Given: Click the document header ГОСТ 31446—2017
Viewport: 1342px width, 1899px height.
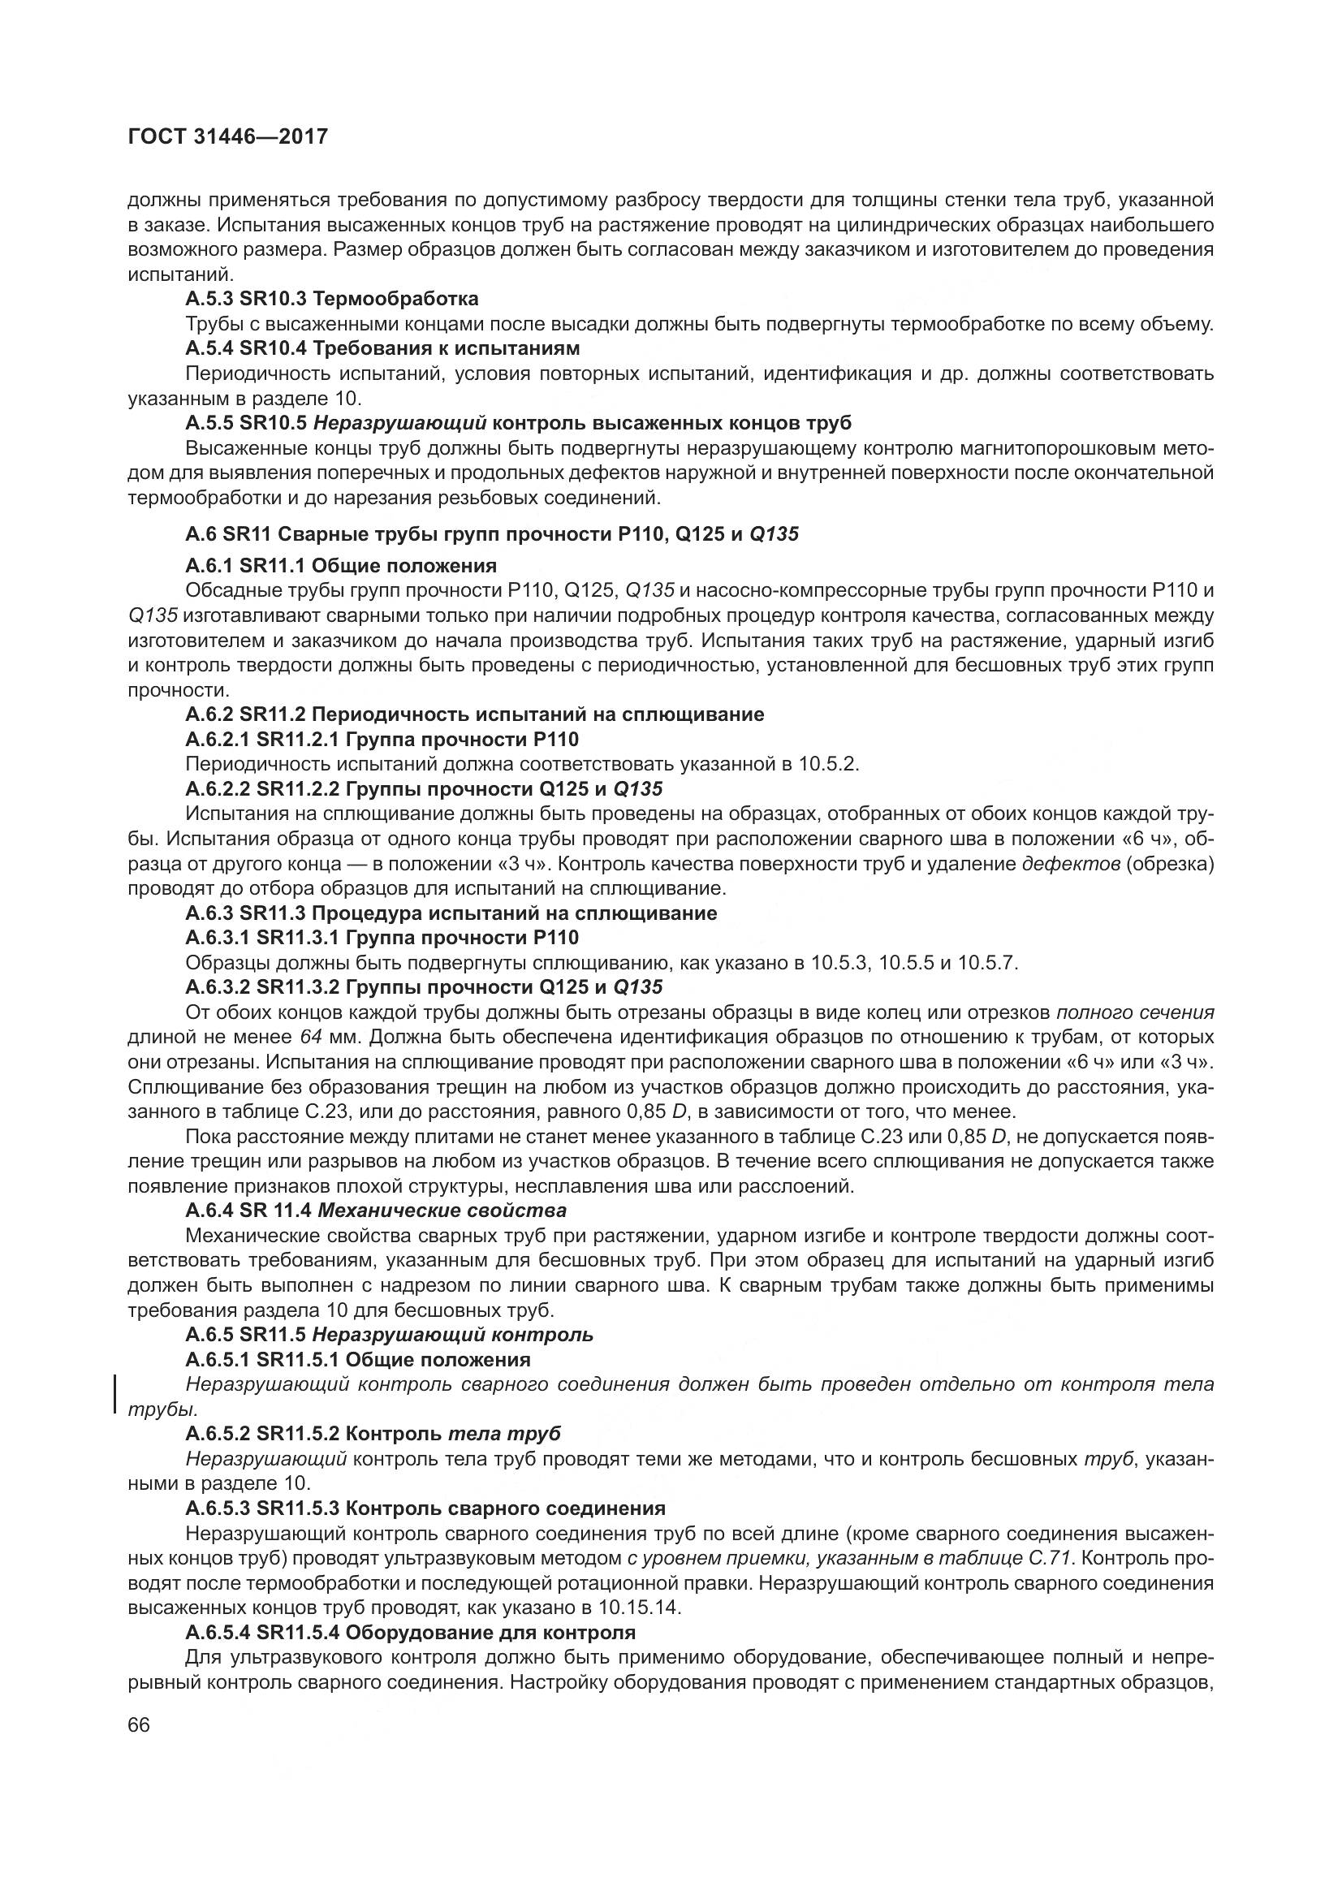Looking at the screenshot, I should tap(227, 136).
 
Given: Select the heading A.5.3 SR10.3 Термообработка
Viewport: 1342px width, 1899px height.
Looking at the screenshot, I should tap(331, 298).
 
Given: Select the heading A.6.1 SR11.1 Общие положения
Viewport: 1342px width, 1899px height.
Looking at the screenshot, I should tap(341, 566).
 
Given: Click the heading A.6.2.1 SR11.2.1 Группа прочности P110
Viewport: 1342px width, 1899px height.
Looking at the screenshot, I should tap(382, 739).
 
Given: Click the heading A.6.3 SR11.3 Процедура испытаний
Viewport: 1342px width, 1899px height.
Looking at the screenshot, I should tap(451, 913).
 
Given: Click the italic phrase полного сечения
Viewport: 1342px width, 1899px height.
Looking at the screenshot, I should tap(1135, 1012).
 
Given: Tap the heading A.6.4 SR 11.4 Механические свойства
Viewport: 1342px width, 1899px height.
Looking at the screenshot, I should tap(376, 1211).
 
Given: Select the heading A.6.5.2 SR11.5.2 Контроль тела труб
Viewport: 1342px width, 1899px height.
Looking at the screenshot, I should tap(373, 1433).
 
